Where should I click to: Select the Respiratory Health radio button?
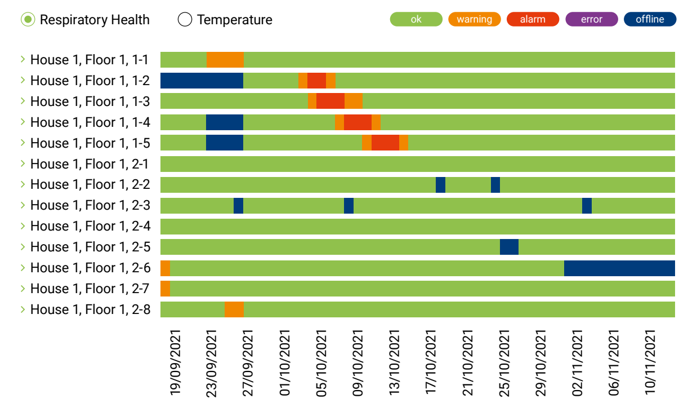click(28, 20)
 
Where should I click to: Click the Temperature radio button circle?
click(185, 20)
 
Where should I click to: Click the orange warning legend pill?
click(474, 19)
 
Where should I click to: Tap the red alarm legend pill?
click(533, 19)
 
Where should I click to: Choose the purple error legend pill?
click(591, 19)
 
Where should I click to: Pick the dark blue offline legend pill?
click(650, 19)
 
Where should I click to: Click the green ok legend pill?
click(416, 19)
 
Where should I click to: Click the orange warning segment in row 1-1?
click(225, 60)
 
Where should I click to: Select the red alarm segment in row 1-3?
click(330, 101)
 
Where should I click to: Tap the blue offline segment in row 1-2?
click(202, 81)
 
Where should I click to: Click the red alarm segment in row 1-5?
click(385, 143)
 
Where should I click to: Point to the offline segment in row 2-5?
click(509, 247)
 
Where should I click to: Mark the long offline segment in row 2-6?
click(619, 268)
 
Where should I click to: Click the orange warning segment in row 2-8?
click(234, 309)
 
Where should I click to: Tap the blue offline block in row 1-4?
click(225, 122)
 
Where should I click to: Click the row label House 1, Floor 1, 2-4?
click(90, 226)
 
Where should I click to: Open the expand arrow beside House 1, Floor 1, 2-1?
click(23, 163)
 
